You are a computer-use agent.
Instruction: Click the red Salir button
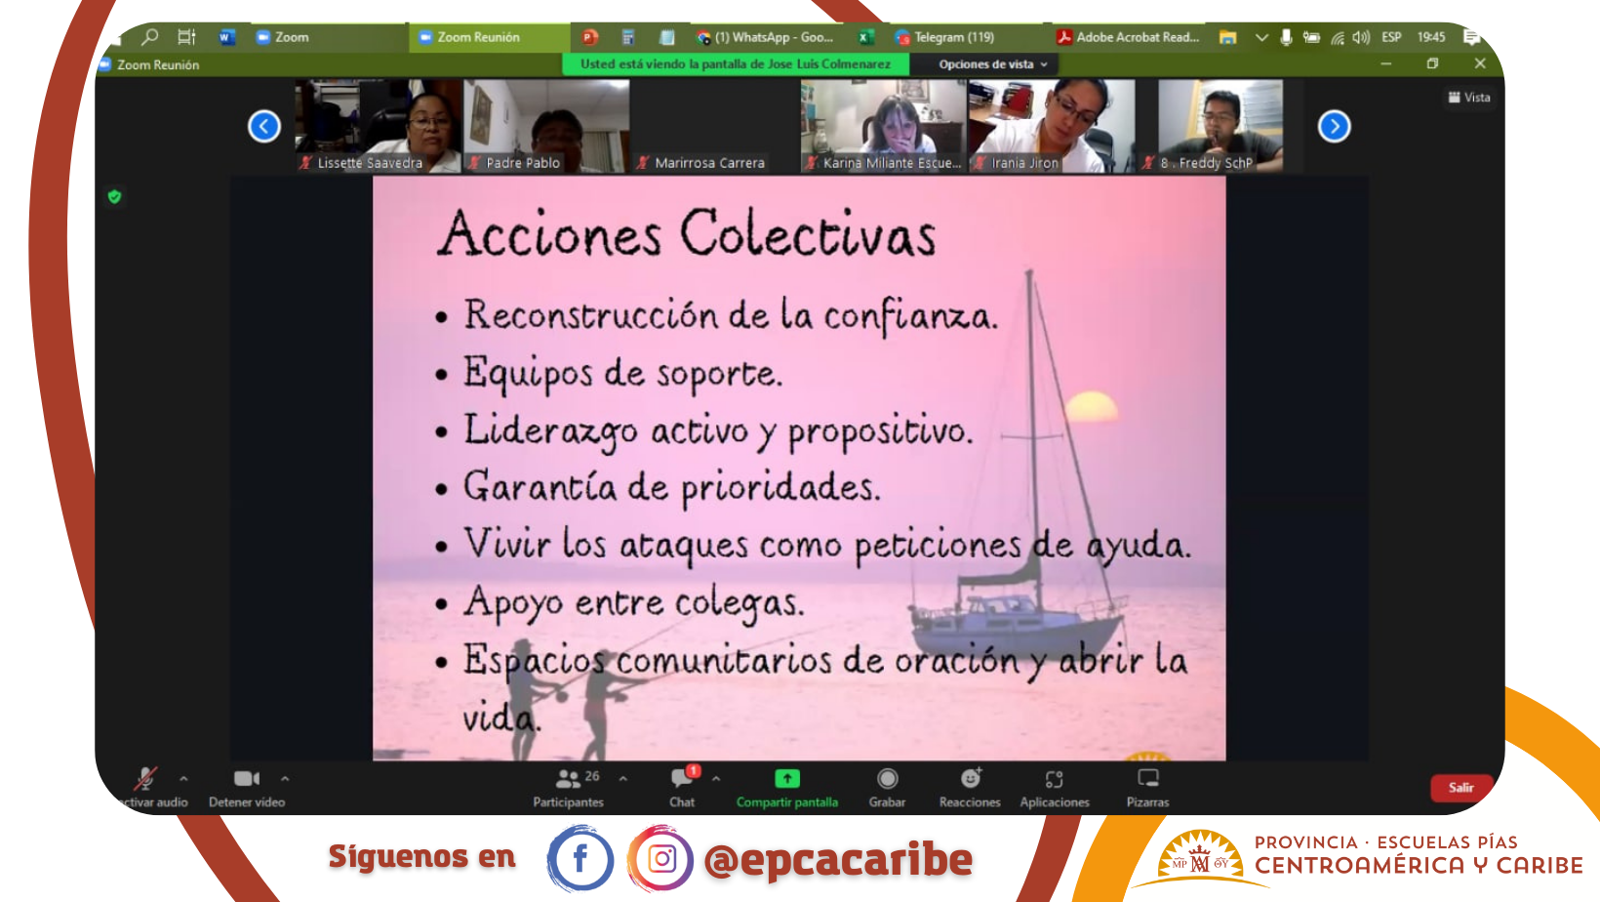pyautogui.click(x=1460, y=788)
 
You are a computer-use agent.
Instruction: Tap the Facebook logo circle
pyautogui.click(x=580, y=858)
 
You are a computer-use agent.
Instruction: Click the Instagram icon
pyautogui.click(x=660, y=858)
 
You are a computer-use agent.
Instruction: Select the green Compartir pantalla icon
pyautogui.click(x=786, y=778)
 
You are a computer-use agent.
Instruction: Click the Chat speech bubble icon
pyautogui.click(x=681, y=778)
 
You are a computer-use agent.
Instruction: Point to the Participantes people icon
pyautogui.click(x=568, y=778)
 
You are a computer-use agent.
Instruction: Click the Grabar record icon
pyautogui.click(x=887, y=778)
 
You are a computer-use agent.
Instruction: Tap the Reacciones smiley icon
pyautogui.click(x=970, y=778)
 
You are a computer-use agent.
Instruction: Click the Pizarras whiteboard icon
pyautogui.click(x=1148, y=778)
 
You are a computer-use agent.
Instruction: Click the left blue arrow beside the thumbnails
pyautogui.click(x=264, y=127)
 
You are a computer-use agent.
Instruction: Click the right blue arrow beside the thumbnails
pyautogui.click(x=1334, y=127)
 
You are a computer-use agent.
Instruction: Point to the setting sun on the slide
pyautogui.click(x=1091, y=405)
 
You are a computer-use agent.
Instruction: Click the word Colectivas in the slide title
pyautogui.click(x=807, y=233)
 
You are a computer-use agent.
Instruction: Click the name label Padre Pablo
pyautogui.click(x=523, y=163)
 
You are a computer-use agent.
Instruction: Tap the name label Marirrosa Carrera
pyautogui.click(x=709, y=163)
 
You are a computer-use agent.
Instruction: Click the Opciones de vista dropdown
pyautogui.click(x=993, y=64)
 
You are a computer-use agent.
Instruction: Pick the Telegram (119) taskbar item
pyautogui.click(x=945, y=37)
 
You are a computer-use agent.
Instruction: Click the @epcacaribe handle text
pyautogui.click(x=838, y=859)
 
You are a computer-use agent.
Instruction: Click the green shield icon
pyautogui.click(x=114, y=196)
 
